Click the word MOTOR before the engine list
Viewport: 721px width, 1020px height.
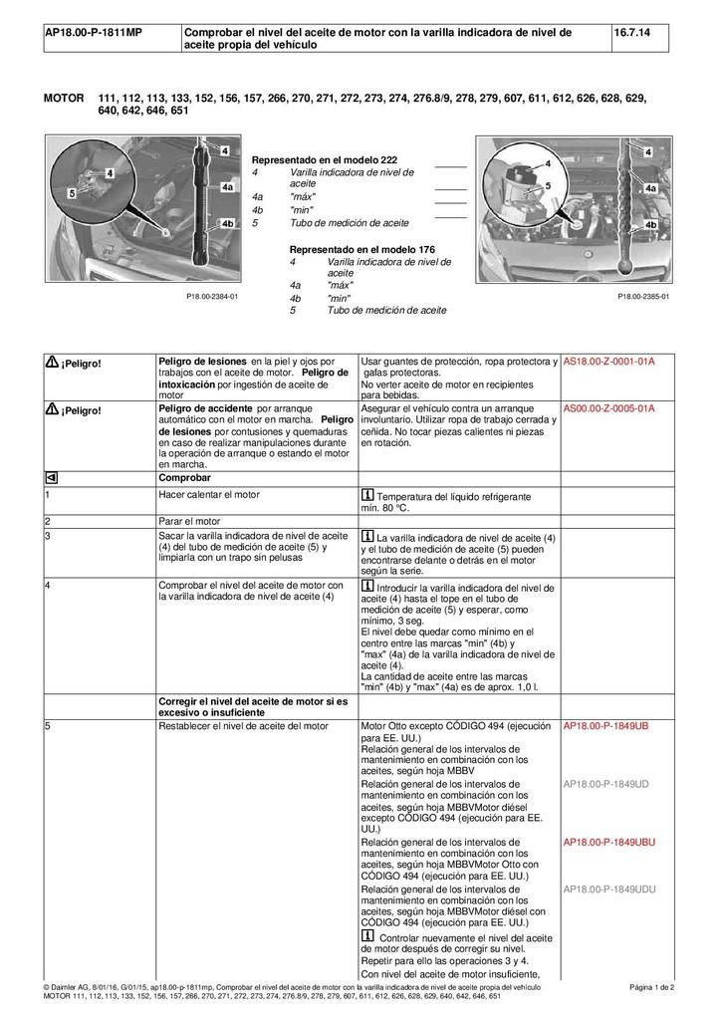pyautogui.click(x=65, y=99)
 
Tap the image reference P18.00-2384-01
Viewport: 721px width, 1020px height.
pyautogui.click(x=212, y=297)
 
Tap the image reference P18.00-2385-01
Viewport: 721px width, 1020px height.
pyautogui.click(x=643, y=297)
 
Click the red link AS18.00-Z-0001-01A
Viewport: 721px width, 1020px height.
pyautogui.click(x=608, y=361)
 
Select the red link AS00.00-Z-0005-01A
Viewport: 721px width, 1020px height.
pyautogui.click(x=608, y=408)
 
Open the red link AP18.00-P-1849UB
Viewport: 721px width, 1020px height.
pyautogui.click(x=605, y=726)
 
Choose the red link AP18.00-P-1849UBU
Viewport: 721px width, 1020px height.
pyautogui.click(x=609, y=842)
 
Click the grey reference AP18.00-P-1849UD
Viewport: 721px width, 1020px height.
pyautogui.click(x=605, y=784)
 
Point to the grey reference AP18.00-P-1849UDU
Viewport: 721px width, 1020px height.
pyautogui.click(x=609, y=889)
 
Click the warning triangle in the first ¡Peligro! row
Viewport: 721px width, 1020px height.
pyautogui.click(x=52, y=362)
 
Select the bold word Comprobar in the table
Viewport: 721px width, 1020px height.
pyautogui.click(x=184, y=477)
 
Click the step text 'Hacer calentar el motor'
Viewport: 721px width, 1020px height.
pyautogui.click(x=209, y=494)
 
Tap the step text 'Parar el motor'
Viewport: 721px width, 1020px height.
pyautogui.click(x=190, y=520)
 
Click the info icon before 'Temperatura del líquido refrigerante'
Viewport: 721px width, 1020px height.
pyautogui.click(x=367, y=495)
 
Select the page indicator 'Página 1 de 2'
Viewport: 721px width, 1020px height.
pyautogui.click(x=652, y=986)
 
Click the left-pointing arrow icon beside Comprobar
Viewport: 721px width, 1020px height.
pyautogui.click(x=51, y=477)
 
